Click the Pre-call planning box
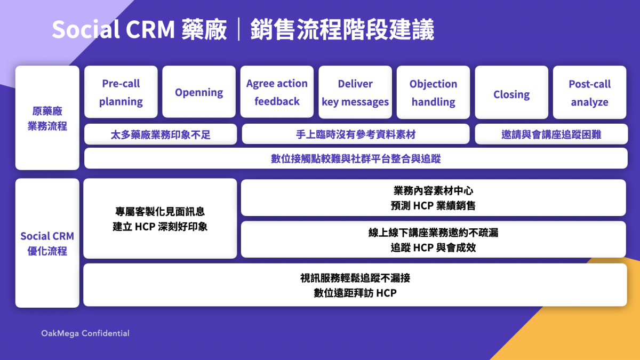tap(121, 92)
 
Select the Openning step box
tap(199, 92)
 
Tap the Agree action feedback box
tap(277, 92)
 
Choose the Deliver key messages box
tap(355, 92)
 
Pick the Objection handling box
tap(433, 92)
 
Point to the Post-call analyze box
tap(589, 92)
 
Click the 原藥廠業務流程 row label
tap(47, 118)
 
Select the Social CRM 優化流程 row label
tap(47, 243)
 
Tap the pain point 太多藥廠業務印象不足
tap(161, 134)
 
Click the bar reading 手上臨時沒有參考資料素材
tap(356, 134)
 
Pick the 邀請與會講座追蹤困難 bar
tap(551, 134)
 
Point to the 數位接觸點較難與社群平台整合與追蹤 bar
tap(356, 158)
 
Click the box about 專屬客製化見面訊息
tap(160, 219)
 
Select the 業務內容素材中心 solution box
tap(433, 198)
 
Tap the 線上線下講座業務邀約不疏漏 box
tap(433, 239)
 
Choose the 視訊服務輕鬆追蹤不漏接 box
tap(355, 285)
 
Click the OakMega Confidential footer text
tap(85, 333)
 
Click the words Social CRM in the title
tap(113, 30)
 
